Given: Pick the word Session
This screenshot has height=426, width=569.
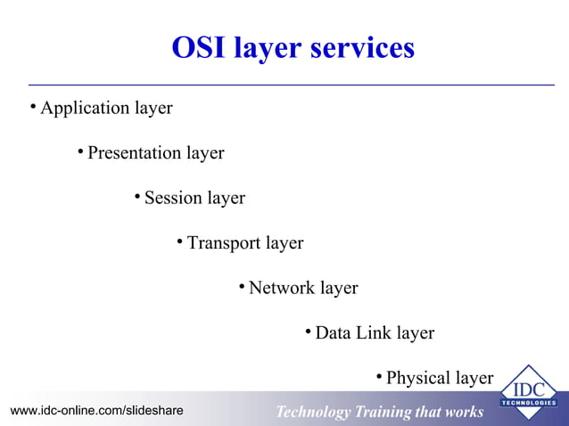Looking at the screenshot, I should (x=173, y=198).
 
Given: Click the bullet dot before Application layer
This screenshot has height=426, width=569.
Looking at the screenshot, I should (x=33, y=108).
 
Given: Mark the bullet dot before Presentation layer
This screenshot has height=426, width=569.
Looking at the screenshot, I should (x=80, y=152).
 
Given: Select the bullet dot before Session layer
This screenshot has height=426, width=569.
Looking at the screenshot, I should (x=137, y=197).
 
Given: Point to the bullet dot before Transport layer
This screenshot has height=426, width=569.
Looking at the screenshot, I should (x=180, y=242).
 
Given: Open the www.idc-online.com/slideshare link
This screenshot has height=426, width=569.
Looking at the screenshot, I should (x=97, y=411).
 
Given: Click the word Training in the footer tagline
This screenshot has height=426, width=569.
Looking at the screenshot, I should (x=386, y=412).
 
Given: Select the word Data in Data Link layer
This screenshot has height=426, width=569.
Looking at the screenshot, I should (x=334, y=333).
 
